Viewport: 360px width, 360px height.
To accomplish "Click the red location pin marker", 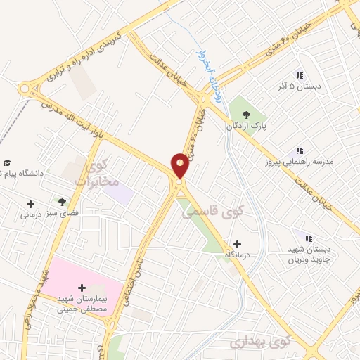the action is pos(181,165).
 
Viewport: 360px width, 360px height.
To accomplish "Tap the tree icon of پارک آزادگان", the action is pos(245,115).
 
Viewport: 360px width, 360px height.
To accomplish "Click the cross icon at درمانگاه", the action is pos(237,243).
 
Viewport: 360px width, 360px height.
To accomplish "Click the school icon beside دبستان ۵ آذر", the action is pos(300,75).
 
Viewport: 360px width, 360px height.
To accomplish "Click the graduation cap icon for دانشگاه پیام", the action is pos(7,163).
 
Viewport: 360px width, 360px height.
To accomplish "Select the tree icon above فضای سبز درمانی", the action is pos(63,202).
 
